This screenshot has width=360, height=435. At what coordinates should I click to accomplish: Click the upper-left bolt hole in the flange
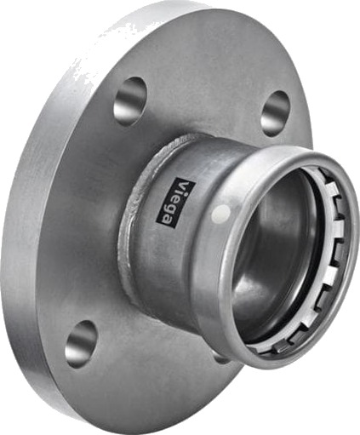pos(130,101)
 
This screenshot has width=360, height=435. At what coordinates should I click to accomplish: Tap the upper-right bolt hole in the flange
pos(275,114)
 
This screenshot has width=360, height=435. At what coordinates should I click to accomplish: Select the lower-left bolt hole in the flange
pos(81,344)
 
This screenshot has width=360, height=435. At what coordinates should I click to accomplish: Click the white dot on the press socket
pos(222,213)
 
